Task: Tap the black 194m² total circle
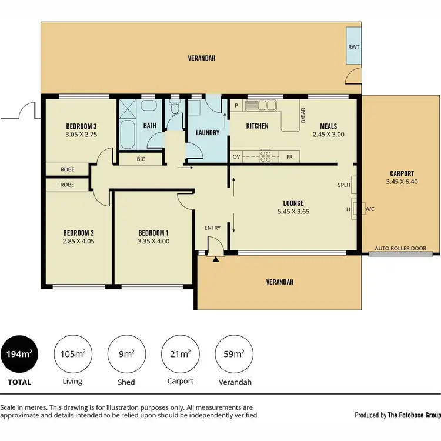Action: (19, 354)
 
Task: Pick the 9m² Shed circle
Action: (126, 354)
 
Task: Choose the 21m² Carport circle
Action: (180, 354)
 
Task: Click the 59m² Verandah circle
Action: (234, 354)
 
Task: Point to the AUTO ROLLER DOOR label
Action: (401, 249)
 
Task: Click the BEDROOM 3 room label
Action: (81, 126)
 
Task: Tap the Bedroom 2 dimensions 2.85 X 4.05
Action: (78, 240)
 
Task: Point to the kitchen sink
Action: (261, 106)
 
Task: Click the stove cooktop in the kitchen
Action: (266, 156)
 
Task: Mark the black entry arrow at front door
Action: (216, 258)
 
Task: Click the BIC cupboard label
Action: (141, 159)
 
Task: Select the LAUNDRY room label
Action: (207, 133)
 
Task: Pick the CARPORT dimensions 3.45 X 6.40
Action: (402, 182)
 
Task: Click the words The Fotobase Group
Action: (414, 415)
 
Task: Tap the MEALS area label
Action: (328, 126)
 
